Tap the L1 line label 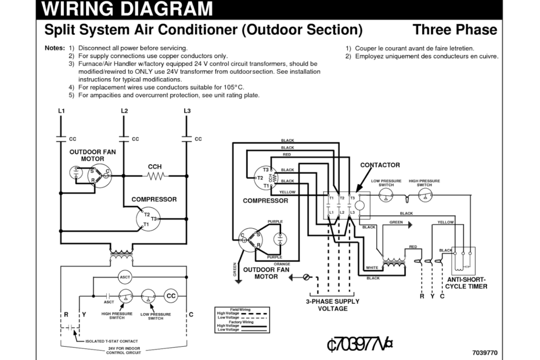62,110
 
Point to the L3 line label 187,110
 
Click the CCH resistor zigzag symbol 155,174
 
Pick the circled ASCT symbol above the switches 125,277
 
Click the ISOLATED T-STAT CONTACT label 111,341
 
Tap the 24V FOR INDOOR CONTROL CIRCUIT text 124,350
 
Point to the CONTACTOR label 380,165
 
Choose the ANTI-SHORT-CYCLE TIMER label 466,283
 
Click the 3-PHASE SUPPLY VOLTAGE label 333,305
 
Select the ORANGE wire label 282,264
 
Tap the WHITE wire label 372,268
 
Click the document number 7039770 485,352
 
